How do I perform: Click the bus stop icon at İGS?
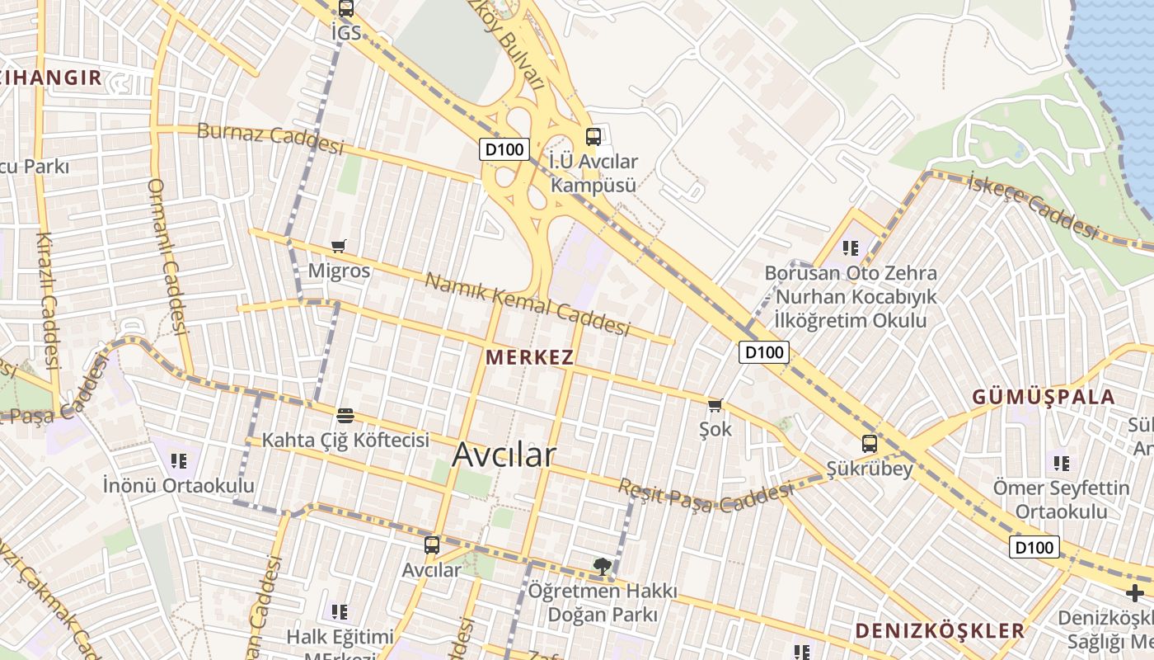click(345, 9)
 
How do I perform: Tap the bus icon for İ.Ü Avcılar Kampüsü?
click(593, 137)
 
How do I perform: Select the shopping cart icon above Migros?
click(338, 246)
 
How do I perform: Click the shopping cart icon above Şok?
click(715, 405)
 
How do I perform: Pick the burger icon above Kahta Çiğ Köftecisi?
click(345, 414)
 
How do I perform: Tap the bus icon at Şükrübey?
click(870, 444)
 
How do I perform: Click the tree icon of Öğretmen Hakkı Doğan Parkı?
click(603, 566)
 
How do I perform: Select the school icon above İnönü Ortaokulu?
click(178, 460)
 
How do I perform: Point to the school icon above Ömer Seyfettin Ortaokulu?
click(1061, 463)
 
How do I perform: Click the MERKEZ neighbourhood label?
click(529, 357)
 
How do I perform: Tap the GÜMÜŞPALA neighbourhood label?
click(1043, 397)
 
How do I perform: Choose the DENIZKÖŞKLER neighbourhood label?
click(939, 631)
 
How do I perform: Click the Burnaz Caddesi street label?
click(270, 138)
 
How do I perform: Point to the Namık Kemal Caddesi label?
click(527, 304)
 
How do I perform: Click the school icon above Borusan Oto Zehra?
click(851, 247)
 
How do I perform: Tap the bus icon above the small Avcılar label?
click(432, 545)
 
